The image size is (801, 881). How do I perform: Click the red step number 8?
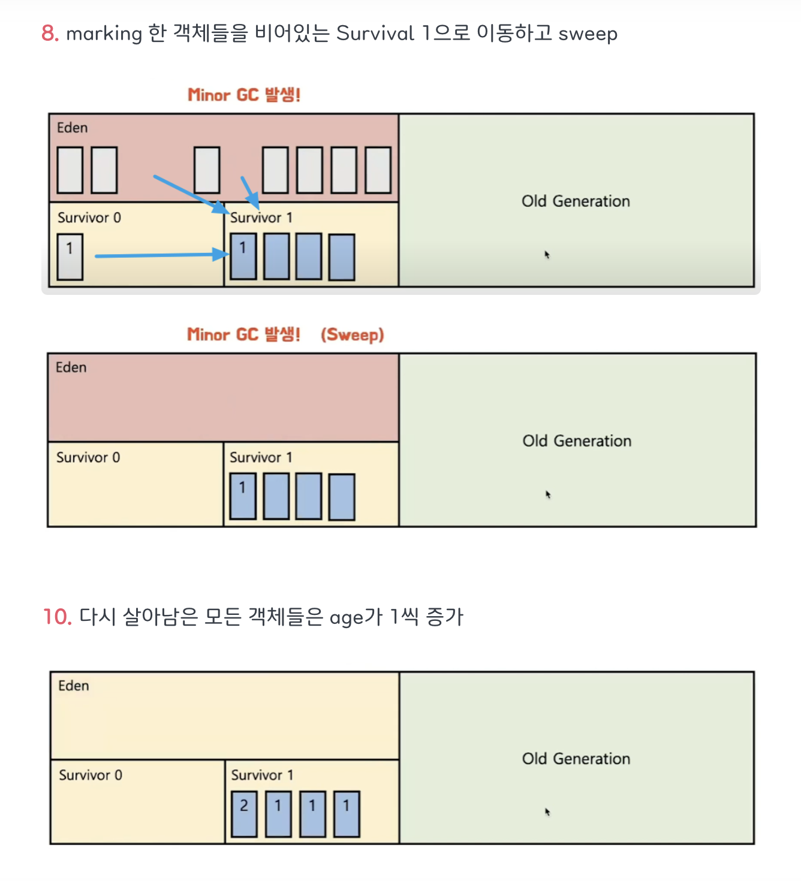50,34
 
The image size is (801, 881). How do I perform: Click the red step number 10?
58,617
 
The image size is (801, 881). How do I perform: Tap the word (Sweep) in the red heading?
352,334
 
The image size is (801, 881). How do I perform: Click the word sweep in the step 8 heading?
588,34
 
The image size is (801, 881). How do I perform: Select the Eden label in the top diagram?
73,128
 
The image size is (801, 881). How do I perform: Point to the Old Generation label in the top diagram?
576,201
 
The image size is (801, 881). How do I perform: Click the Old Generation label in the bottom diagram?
576,759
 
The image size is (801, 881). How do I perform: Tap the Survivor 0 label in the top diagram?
89,218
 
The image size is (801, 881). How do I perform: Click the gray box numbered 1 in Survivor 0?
70,257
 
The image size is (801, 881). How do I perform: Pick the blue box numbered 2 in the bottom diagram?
244,813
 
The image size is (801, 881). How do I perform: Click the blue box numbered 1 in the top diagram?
243,256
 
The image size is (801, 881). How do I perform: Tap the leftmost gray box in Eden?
70,170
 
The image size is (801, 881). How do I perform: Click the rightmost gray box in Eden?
378,170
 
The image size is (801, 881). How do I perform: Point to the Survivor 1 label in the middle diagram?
261,457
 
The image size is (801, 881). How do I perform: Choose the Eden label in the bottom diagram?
74,686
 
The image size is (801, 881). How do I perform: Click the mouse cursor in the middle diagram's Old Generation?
547,494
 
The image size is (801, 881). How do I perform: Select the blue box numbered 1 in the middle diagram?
243,496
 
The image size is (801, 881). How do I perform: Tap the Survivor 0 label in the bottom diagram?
91,775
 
